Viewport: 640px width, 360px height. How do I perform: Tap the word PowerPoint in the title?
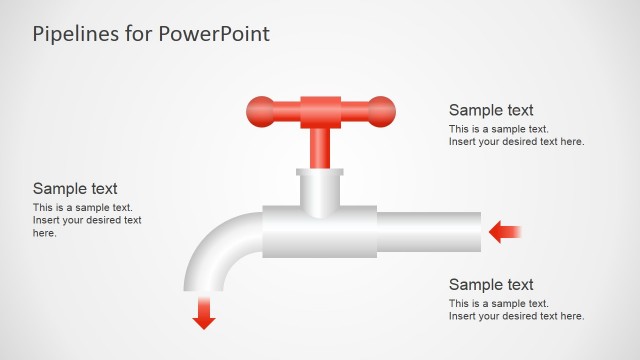pyautogui.click(x=211, y=34)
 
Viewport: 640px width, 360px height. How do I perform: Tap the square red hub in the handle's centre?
pyautogui.click(x=320, y=109)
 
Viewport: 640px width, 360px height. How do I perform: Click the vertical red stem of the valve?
pyautogui.click(x=320, y=146)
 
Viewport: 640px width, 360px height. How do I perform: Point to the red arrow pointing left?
pyautogui.click(x=505, y=233)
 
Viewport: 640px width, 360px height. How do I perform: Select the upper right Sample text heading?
pyautogui.click(x=491, y=110)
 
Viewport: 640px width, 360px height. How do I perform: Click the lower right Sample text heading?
pyautogui.click(x=491, y=285)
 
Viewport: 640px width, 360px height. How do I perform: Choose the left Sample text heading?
pyautogui.click(x=75, y=188)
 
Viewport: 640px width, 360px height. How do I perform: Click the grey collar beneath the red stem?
pyautogui.click(x=320, y=190)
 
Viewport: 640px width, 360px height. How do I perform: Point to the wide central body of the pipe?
pyautogui.click(x=320, y=233)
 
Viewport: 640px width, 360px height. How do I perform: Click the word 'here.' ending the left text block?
pyautogui.click(x=45, y=233)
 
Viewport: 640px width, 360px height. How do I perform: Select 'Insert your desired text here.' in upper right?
pyautogui.click(x=516, y=142)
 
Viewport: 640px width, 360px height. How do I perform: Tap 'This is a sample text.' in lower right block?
pyautogui.click(x=499, y=303)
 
